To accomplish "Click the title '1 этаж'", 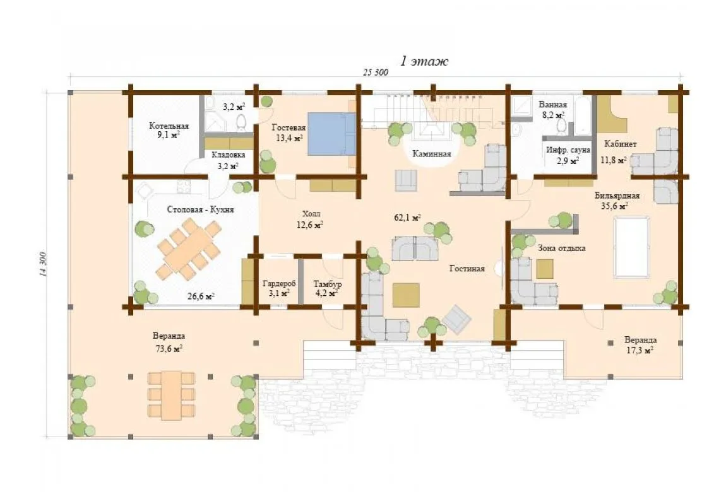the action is click(x=424, y=61).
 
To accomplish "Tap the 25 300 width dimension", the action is click(x=376, y=72).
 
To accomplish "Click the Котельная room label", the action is click(x=169, y=126).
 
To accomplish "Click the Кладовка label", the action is click(x=229, y=155).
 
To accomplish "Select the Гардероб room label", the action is click(x=279, y=283).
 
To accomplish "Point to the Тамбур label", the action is click(x=328, y=284).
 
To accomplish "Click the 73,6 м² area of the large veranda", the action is click(x=169, y=349).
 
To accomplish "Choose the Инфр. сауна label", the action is click(x=568, y=150).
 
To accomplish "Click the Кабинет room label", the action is click(x=621, y=144).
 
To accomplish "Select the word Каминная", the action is click(x=432, y=154).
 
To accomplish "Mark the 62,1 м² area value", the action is click(x=407, y=217).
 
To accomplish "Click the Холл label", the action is click(x=311, y=214).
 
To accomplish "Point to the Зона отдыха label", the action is click(x=562, y=249).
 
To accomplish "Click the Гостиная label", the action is click(x=467, y=269).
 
